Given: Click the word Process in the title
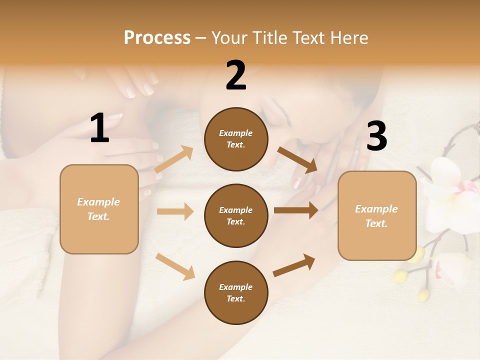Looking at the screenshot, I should [157, 38].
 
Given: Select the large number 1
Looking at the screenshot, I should [99, 128].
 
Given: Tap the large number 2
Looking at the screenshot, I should [236, 75].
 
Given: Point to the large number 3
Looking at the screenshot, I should [376, 136].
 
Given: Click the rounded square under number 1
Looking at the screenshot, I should [99, 209].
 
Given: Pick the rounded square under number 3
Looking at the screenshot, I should [377, 216].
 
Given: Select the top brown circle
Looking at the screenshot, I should [236, 139].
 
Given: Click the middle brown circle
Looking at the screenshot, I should [236, 216].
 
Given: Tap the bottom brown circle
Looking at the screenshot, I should [236, 292].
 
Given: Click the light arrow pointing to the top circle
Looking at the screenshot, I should [174, 159].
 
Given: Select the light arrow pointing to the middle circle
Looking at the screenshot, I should [175, 211].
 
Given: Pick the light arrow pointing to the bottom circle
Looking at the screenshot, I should [175, 266].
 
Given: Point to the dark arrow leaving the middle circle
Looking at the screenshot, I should [295, 210].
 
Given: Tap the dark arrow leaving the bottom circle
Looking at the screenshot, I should [294, 265].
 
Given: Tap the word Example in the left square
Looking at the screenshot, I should [98, 202].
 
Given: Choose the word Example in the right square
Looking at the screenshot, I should [376, 209].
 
